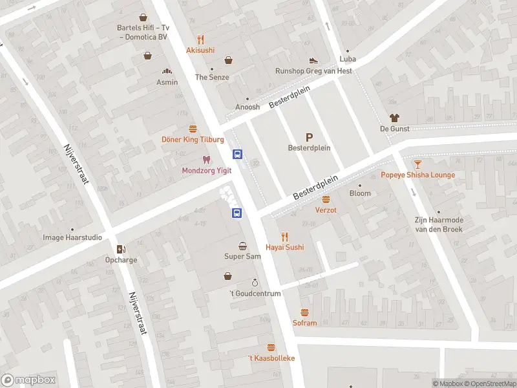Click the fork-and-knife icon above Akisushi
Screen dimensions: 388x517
click(200, 39)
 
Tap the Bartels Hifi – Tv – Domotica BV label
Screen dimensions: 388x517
click(143, 32)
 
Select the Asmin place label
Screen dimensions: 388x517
click(167, 83)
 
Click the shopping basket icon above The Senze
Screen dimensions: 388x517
click(228, 61)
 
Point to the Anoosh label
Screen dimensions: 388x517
click(247, 107)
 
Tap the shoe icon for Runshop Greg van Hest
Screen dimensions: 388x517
click(314, 60)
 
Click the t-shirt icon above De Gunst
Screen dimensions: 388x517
click(394, 118)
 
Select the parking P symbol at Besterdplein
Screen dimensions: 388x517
click(309, 136)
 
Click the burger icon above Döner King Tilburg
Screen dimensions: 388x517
click(193, 129)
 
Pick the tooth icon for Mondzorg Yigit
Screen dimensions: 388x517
click(206, 159)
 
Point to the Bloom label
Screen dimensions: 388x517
click(360, 193)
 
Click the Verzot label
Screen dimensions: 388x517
click(326, 210)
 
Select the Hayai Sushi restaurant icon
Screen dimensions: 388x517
click(284, 237)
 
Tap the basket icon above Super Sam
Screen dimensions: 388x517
click(242, 246)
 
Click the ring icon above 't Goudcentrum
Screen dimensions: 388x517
click(255, 283)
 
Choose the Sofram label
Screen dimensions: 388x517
click(305, 323)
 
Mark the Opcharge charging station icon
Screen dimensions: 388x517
click(121, 249)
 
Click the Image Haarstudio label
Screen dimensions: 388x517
click(72, 237)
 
